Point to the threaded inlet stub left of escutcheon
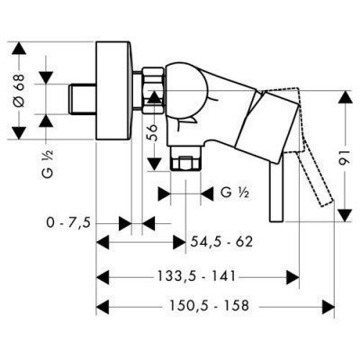pyautogui.click(x=82, y=96)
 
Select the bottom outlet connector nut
pyautogui.click(x=186, y=165)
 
